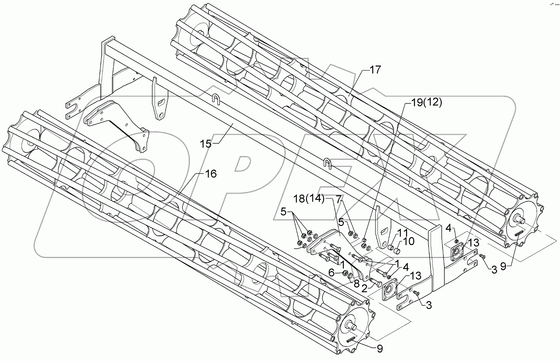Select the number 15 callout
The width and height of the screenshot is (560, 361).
206,144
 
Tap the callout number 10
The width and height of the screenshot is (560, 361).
408,241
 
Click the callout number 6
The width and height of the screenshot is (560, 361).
331,273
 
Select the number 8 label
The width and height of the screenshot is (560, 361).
356,284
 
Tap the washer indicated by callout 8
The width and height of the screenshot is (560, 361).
351,275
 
